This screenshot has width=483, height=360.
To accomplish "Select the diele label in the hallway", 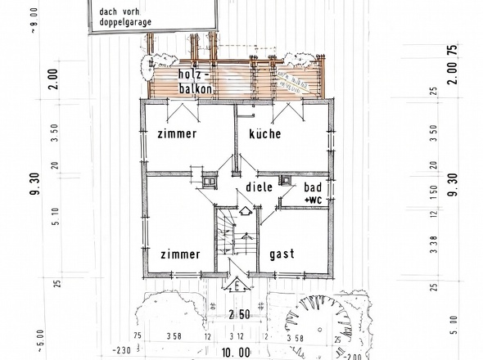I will coord(260,187).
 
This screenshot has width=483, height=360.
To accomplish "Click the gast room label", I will coord(282,254).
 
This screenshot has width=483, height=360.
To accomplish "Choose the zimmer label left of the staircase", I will coord(180,254).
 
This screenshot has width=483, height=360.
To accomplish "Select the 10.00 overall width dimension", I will coord(234,353).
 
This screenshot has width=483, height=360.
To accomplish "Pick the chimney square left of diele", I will coord(208,181).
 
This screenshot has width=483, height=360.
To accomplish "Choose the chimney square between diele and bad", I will coord(287,182).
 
